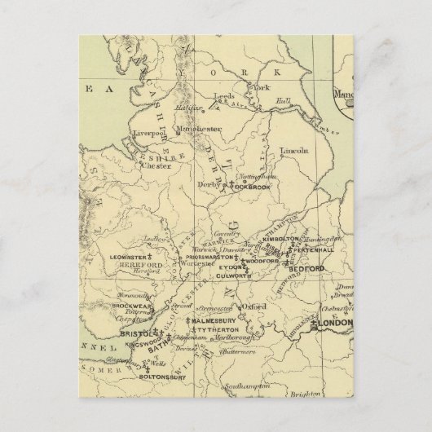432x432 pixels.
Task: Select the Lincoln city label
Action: [x=293, y=151]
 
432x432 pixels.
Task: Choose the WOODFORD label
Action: [x=262, y=262]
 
